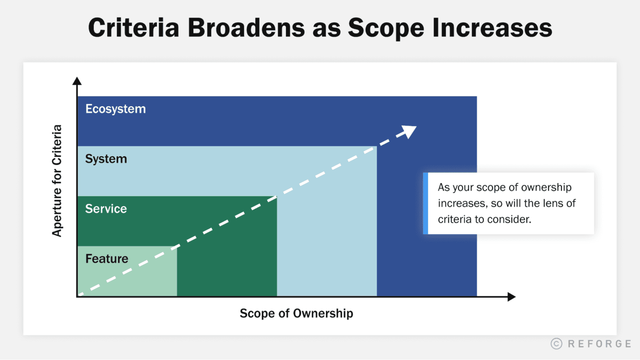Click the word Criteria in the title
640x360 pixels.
134,28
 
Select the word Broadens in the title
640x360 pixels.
246,28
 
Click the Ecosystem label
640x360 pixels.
115,109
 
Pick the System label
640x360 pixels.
106,159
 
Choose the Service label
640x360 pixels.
106,209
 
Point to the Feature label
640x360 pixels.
107,258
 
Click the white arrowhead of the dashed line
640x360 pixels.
410,131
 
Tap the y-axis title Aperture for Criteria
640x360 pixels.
57,180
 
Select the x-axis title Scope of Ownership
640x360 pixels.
296,314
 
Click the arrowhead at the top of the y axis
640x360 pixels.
77,81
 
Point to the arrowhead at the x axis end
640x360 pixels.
512,297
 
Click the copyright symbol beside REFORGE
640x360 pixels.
556,344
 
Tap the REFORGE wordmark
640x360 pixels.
599,344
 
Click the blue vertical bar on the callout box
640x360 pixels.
425,203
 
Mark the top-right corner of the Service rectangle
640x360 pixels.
277,197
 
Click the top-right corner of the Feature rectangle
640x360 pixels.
177,247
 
